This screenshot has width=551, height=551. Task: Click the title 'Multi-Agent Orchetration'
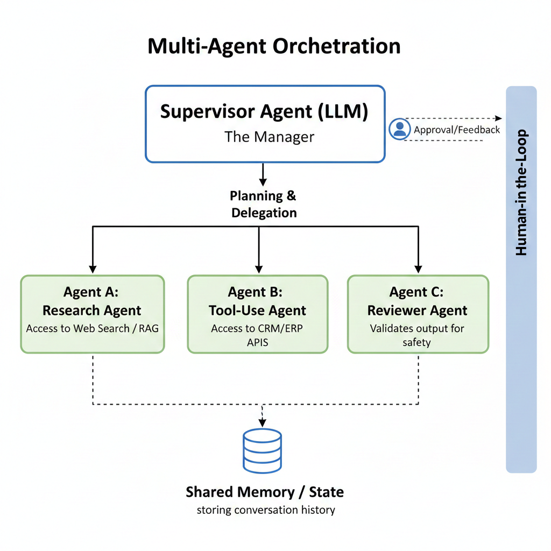click(274, 46)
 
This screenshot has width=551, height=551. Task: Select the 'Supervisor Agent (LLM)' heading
click(264, 111)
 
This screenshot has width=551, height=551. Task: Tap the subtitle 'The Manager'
click(269, 137)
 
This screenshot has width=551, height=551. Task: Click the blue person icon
click(399, 129)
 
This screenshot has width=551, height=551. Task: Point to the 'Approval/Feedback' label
click(457, 130)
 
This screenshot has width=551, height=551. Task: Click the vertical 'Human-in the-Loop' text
click(521, 193)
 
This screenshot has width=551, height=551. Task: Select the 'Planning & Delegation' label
click(264, 204)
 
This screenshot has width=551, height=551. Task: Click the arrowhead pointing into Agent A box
click(93, 269)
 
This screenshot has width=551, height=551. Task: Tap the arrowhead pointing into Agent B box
click(259, 269)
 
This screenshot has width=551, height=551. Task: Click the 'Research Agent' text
click(92, 310)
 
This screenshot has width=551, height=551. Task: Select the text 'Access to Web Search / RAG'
click(93, 328)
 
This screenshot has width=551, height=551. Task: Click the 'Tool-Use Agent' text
click(257, 310)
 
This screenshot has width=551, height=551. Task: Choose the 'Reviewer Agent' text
click(417, 310)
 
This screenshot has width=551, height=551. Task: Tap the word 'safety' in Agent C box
click(416, 342)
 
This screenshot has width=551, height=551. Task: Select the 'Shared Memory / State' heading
click(264, 492)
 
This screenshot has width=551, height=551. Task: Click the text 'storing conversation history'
click(265, 510)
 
